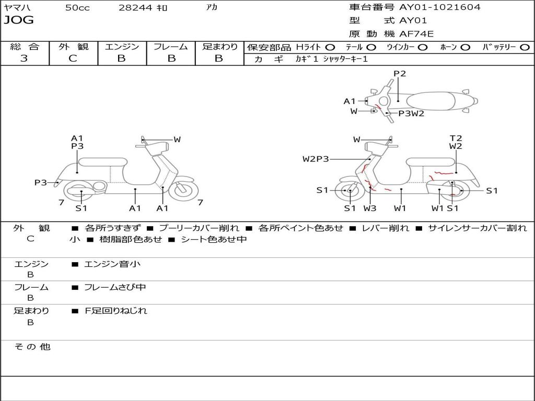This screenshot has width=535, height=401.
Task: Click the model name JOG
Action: pyautogui.click(x=18, y=20)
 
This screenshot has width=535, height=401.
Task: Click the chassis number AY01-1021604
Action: pyautogui.click(x=439, y=7)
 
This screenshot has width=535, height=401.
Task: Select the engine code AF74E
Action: pyautogui.click(x=416, y=34)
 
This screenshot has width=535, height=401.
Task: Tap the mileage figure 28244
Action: pyautogui.click(x=135, y=7)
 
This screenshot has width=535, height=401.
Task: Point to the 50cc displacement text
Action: pyautogui.click(x=77, y=7)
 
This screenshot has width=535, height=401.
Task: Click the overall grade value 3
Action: pyautogui.click(x=24, y=58)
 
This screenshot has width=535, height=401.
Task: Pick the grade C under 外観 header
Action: pyautogui.click(x=73, y=58)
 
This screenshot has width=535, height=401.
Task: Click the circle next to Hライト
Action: pyautogui.click(x=330, y=48)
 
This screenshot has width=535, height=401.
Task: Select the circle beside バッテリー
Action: pyautogui.click(x=525, y=48)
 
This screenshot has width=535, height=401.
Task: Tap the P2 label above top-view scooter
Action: pyautogui.click(x=400, y=74)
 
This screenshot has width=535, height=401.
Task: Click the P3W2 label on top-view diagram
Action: pyautogui.click(x=411, y=113)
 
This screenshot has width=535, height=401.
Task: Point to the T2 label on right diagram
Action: pyautogui.click(x=456, y=138)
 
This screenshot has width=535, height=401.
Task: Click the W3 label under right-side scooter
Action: pyautogui.click(x=369, y=208)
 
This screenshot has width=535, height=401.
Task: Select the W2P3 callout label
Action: pyautogui.click(x=316, y=159)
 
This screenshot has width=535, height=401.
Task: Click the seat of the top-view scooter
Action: pyautogui.click(x=431, y=101)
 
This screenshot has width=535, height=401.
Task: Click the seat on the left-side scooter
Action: pyautogui.click(x=103, y=162)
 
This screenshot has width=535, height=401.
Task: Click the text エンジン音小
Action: pyautogui.click(x=112, y=264)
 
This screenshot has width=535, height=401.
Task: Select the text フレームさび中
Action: pyautogui.click(x=115, y=288)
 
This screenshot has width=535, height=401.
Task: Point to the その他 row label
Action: pyautogui.click(x=32, y=347)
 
